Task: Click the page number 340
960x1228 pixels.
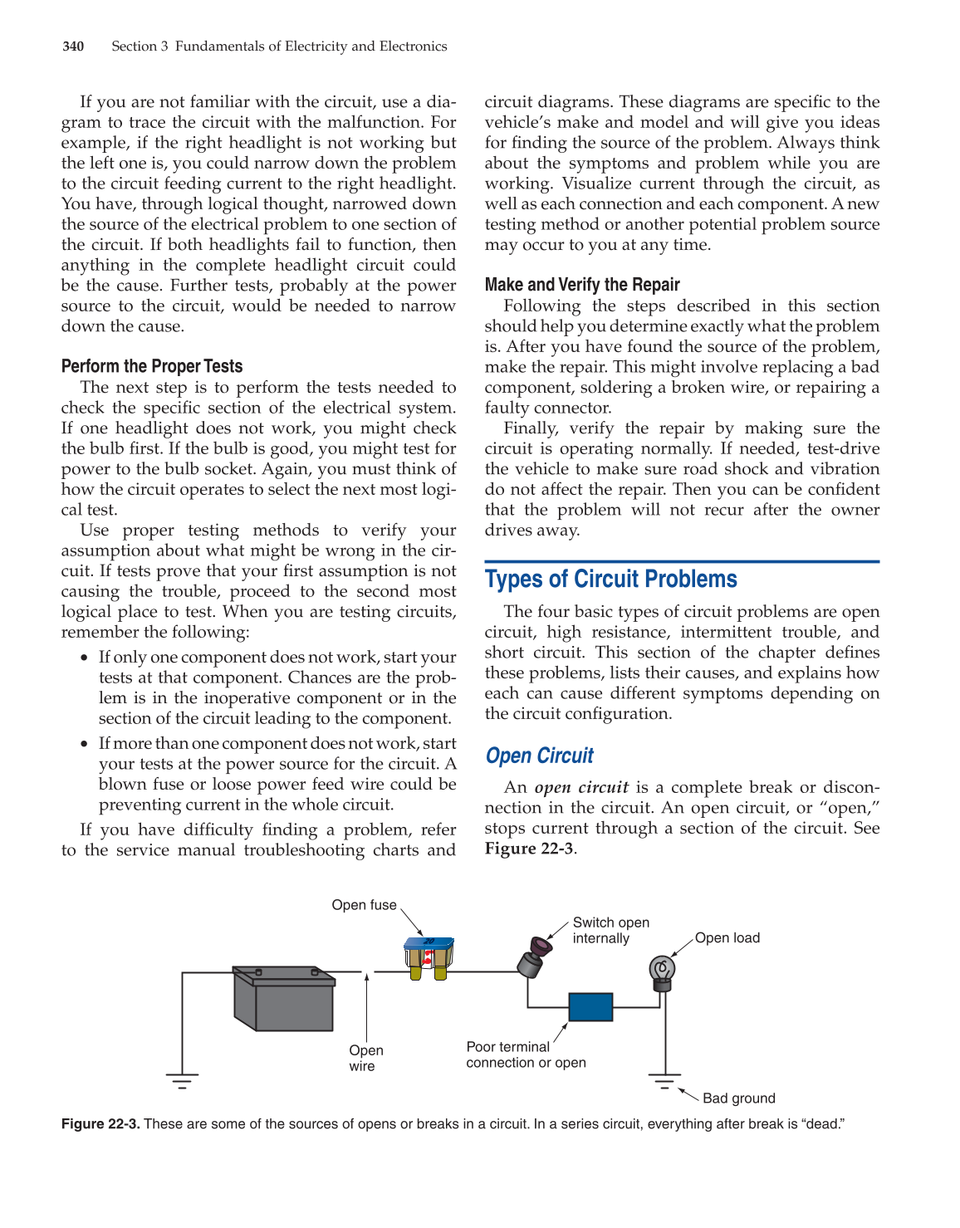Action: coord(73,46)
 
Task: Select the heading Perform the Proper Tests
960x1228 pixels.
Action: coord(152,366)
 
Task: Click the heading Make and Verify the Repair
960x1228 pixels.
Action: coord(582,285)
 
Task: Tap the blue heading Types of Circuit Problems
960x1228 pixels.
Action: coord(610,579)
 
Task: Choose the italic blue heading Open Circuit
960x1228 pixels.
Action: coord(539,756)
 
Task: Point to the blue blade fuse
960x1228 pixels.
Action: coord(429,957)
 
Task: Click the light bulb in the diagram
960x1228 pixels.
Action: coord(661,972)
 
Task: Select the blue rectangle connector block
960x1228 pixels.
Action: coord(590,1007)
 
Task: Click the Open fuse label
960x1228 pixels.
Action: coord(364,905)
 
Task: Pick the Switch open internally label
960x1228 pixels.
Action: coord(610,931)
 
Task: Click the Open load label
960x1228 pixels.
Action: coord(727,938)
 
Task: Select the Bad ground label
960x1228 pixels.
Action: coord(738,1098)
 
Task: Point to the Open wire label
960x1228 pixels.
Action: coord(365,1058)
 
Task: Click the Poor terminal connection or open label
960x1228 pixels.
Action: coord(525,1054)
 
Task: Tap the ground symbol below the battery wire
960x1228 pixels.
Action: coord(182,1080)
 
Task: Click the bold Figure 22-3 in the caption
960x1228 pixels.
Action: coord(100,1124)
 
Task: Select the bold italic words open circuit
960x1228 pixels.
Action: coord(580,787)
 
